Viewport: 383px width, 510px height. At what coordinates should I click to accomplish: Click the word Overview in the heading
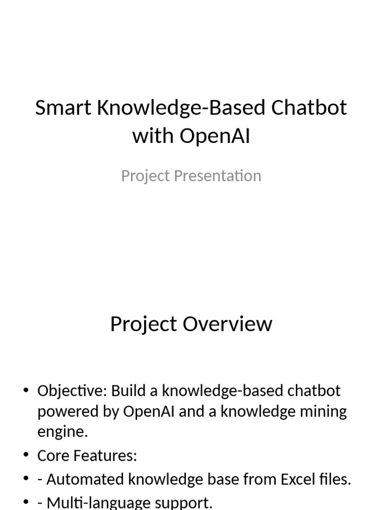(227, 324)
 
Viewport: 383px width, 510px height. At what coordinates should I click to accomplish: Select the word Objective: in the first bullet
(72, 391)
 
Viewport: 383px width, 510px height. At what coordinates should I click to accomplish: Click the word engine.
(62, 432)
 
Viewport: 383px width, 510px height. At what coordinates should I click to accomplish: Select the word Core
(53, 456)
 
